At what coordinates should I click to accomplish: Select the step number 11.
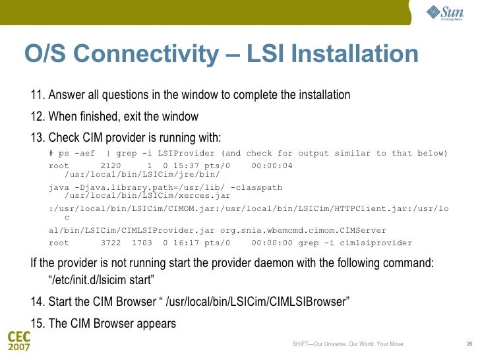37,96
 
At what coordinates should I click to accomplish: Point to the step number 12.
37,117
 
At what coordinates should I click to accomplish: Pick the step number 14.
37,302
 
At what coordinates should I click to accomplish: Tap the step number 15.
37,323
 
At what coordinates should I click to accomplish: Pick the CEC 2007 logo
18,342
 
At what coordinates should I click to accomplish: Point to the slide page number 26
469,344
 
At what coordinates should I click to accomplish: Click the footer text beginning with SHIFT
348,344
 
